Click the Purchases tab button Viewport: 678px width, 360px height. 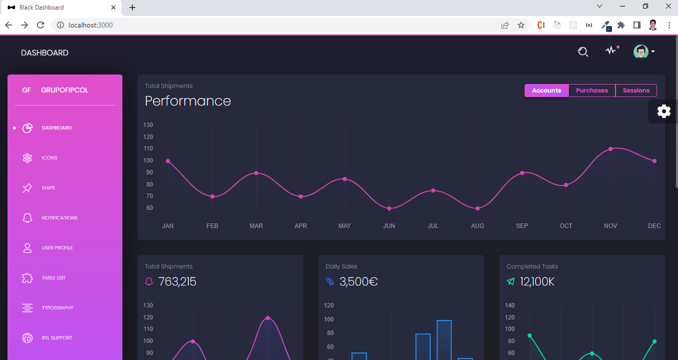click(x=592, y=90)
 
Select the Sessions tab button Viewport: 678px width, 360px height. click(x=636, y=90)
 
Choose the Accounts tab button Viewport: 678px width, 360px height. click(x=546, y=90)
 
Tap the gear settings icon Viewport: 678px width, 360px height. click(x=664, y=111)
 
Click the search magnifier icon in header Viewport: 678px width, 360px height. click(x=583, y=51)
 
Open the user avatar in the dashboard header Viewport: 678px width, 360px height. click(x=641, y=51)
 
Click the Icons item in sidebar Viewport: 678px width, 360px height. click(x=49, y=158)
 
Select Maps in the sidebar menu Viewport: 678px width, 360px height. click(x=48, y=188)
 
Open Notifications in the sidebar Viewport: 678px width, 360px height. click(x=59, y=218)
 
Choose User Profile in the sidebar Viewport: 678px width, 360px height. click(x=57, y=248)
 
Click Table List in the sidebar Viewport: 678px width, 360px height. click(x=53, y=278)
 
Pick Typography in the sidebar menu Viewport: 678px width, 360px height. click(x=57, y=308)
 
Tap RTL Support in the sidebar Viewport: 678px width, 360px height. click(x=57, y=338)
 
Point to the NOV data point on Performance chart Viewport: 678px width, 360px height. click(x=611, y=149)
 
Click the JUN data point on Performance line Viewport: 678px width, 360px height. click(x=389, y=208)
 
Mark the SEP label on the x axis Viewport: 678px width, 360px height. click(x=522, y=226)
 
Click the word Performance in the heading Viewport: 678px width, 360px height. click(x=188, y=101)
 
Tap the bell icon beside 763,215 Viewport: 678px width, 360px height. click(x=149, y=282)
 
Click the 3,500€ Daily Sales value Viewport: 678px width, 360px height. click(x=358, y=282)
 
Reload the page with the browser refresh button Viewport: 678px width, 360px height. click(x=41, y=25)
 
